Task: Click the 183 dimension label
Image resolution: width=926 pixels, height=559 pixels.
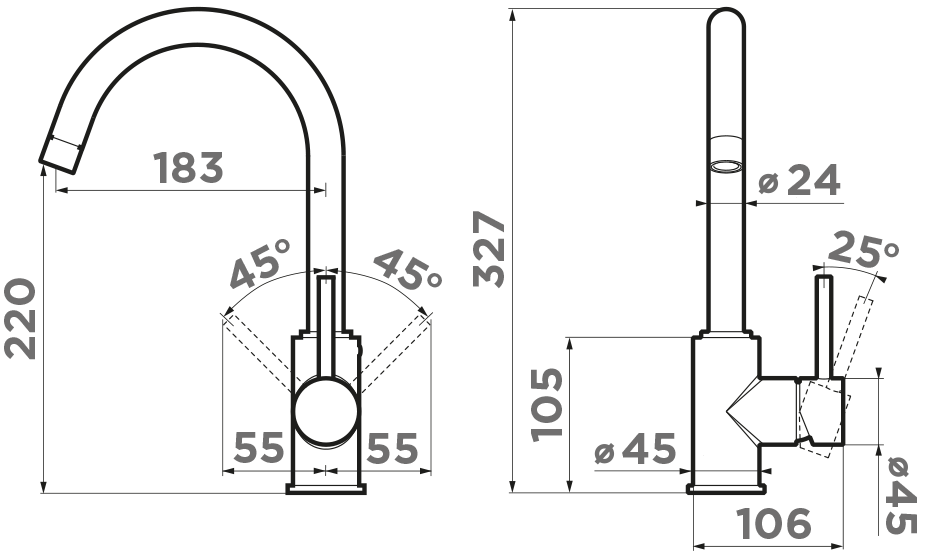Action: coord(188,168)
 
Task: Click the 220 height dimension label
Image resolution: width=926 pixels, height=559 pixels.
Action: coord(21,319)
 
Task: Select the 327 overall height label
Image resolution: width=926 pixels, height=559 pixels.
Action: coord(489,250)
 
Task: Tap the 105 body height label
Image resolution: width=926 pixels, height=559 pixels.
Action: coord(547,405)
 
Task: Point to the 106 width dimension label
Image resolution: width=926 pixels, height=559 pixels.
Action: coord(774,523)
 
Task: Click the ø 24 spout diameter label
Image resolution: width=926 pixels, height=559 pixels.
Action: coord(799,180)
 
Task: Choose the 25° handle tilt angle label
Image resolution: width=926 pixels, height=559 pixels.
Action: coord(862,251)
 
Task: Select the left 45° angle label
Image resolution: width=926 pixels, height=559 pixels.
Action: coord(260,264)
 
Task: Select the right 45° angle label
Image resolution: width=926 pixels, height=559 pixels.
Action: coord(407,269)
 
